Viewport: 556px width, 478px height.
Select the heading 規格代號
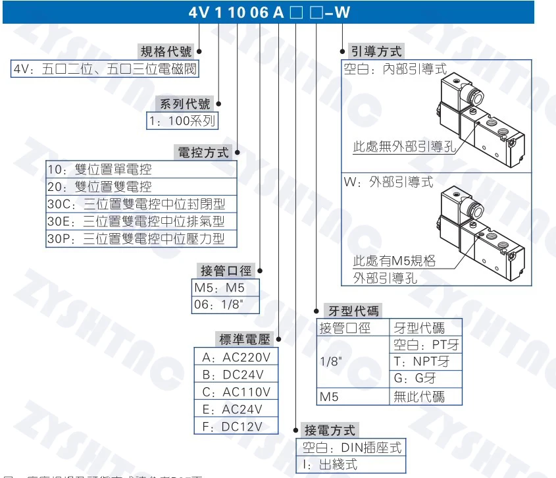click(168, 51)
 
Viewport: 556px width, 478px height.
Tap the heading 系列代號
click(186, 104)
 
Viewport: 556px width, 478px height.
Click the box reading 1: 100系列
click(182, 121)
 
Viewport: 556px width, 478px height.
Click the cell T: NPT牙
click(425, 361)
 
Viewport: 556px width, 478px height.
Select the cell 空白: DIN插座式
click(351, 448)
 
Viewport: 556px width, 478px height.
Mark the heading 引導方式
click(376, 51)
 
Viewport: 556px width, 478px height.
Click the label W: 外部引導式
click(389, 182)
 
